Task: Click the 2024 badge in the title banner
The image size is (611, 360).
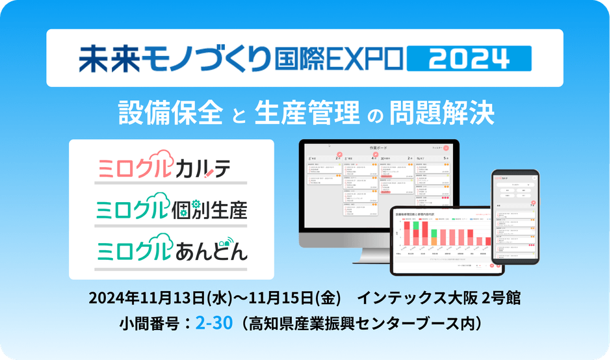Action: [x=469, y=58]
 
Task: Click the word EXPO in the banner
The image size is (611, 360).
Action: [x=366, y=58]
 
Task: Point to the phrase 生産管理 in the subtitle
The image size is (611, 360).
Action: [x=307, y=112]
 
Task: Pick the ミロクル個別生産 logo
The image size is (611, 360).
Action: [x=171, y=209]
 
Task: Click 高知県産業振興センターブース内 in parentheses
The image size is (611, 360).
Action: [x=365, y=323]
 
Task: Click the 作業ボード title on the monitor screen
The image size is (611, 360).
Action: [x=378, y=149]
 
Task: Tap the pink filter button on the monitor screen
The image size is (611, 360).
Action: [x=445, y=148]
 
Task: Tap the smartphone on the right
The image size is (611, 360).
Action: [x=515, y=216]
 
